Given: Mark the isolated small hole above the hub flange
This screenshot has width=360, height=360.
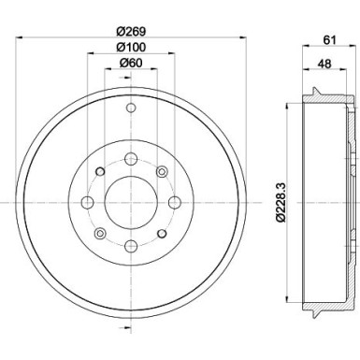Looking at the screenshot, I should point(130,110).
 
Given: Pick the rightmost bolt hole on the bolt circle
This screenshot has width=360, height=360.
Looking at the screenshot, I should point(173,203).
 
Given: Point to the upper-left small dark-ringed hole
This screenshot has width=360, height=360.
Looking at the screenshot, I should point(99,171).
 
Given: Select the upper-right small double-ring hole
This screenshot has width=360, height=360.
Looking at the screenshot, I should point(161,171).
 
